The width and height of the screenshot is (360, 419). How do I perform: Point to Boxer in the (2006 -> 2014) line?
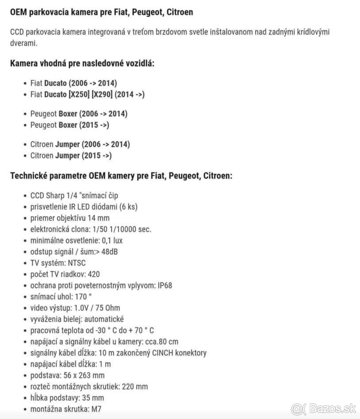point(68,114)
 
